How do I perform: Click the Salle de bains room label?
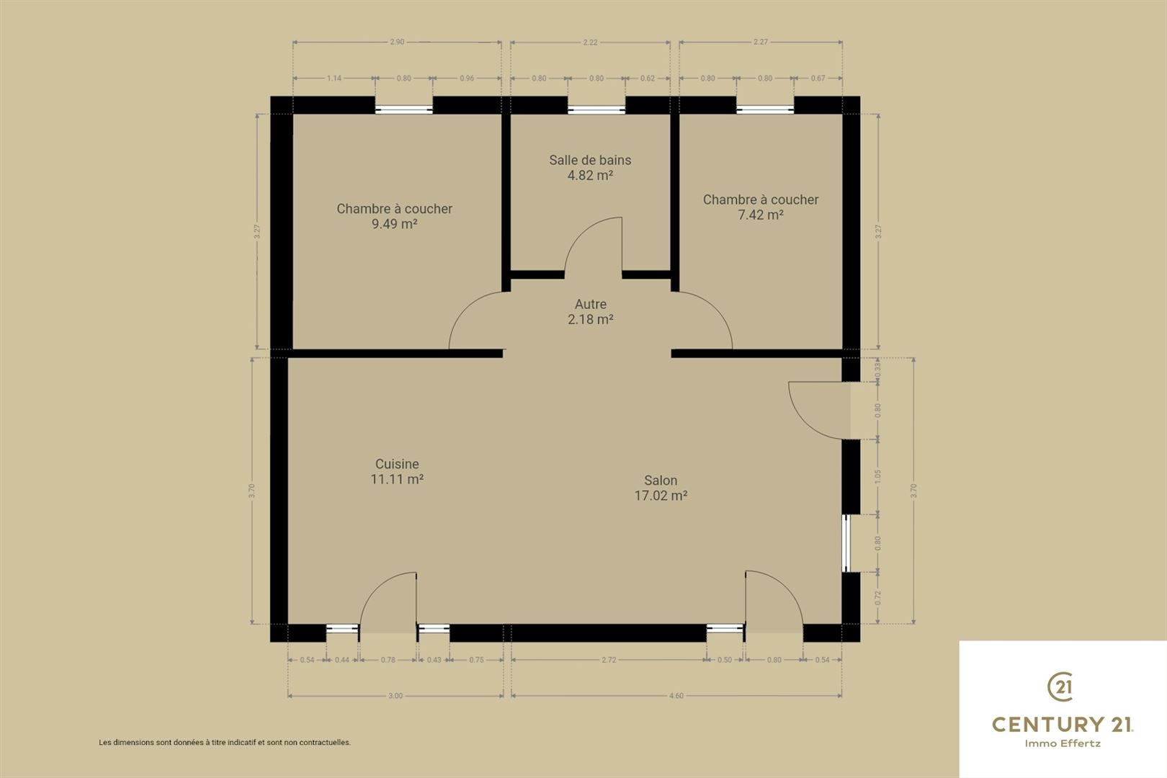tap(590, 160)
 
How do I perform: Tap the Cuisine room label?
tap(397, 464)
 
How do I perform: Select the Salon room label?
tap(661, 480)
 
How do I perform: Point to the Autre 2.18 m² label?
tap(590, 312)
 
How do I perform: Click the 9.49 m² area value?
tap(394, 224)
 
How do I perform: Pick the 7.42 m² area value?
tap(761, 215)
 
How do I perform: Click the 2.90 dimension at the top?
tap(397, 43)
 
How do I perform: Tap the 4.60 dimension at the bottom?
tap(676, 696)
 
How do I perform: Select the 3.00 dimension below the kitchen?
tap(395, 696)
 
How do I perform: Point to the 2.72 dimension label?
tap(609, 660)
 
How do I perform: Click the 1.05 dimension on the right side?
tap(878, 476)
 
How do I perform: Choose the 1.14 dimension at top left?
tap(334, 79)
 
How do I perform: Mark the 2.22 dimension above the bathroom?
tap(590, 43)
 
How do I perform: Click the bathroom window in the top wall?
tap(596, 110)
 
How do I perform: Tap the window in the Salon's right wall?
tap(846, 543)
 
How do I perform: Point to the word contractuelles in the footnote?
tap(325, 743)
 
